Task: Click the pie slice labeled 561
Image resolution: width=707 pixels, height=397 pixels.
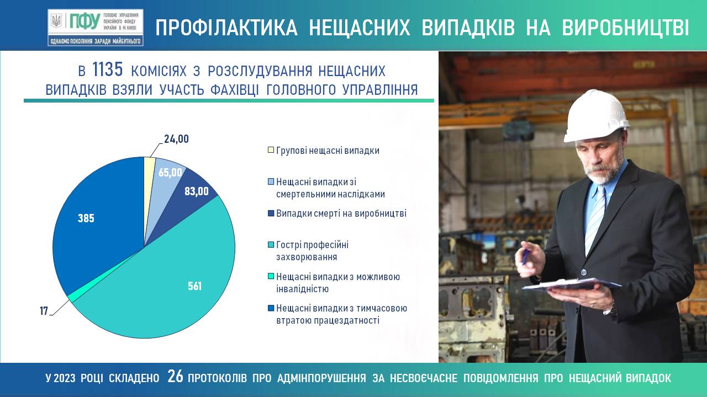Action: coord(164,283)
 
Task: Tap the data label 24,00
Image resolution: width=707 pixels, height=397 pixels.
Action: coord(176,139)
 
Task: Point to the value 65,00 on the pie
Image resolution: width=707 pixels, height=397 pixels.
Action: coord(170,173)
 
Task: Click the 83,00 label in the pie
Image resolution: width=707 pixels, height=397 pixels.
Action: coord(197,191)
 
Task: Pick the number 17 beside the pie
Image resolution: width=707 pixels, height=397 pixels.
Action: coord(44,312)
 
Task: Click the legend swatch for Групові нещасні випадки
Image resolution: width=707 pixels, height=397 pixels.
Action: coord(271,149)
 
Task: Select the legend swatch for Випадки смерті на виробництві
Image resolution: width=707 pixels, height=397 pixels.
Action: coord(271,213)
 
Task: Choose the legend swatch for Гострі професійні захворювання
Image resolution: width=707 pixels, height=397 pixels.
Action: coord(271,244)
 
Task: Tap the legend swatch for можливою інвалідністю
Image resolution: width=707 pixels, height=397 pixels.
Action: coord(271,276)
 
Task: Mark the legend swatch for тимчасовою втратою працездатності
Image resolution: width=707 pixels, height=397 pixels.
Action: coord(271,308)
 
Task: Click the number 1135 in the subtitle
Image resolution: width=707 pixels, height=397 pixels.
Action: coord(107,69)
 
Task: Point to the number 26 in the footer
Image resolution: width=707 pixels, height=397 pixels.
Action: coord(175,376)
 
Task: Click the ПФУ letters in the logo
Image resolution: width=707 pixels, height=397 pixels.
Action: coord(85,22)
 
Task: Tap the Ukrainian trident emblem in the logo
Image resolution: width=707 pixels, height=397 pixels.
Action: coord(57,21)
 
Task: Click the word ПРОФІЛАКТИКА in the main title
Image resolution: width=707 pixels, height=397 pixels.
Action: coord(226,28)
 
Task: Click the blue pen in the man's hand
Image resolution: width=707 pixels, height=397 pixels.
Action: coord(525,256)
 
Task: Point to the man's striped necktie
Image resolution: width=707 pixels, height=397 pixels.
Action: coord(595,217)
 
